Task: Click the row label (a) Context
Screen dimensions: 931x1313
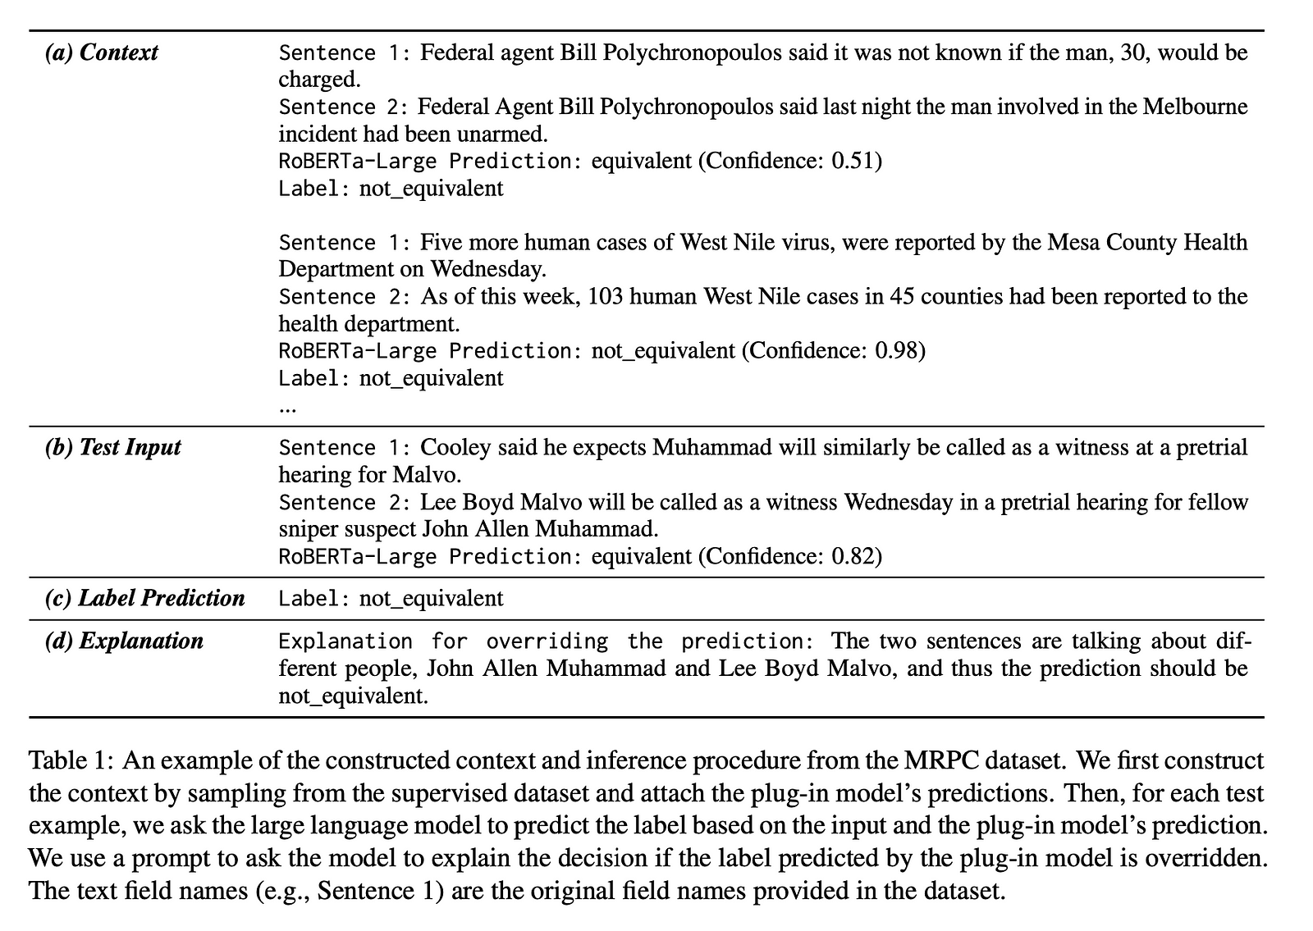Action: (x=101, y=52)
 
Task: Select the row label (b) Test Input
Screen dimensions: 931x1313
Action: (x=112, y=447)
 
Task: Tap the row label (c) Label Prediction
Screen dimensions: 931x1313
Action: (x=144, y=598)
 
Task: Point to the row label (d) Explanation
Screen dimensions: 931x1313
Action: (x=124, y=641)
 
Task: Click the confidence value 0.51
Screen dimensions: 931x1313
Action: (x=853, y=161)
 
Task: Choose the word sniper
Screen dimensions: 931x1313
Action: (x=307, y=529)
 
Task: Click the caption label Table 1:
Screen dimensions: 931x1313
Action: (x=71, y=760)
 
